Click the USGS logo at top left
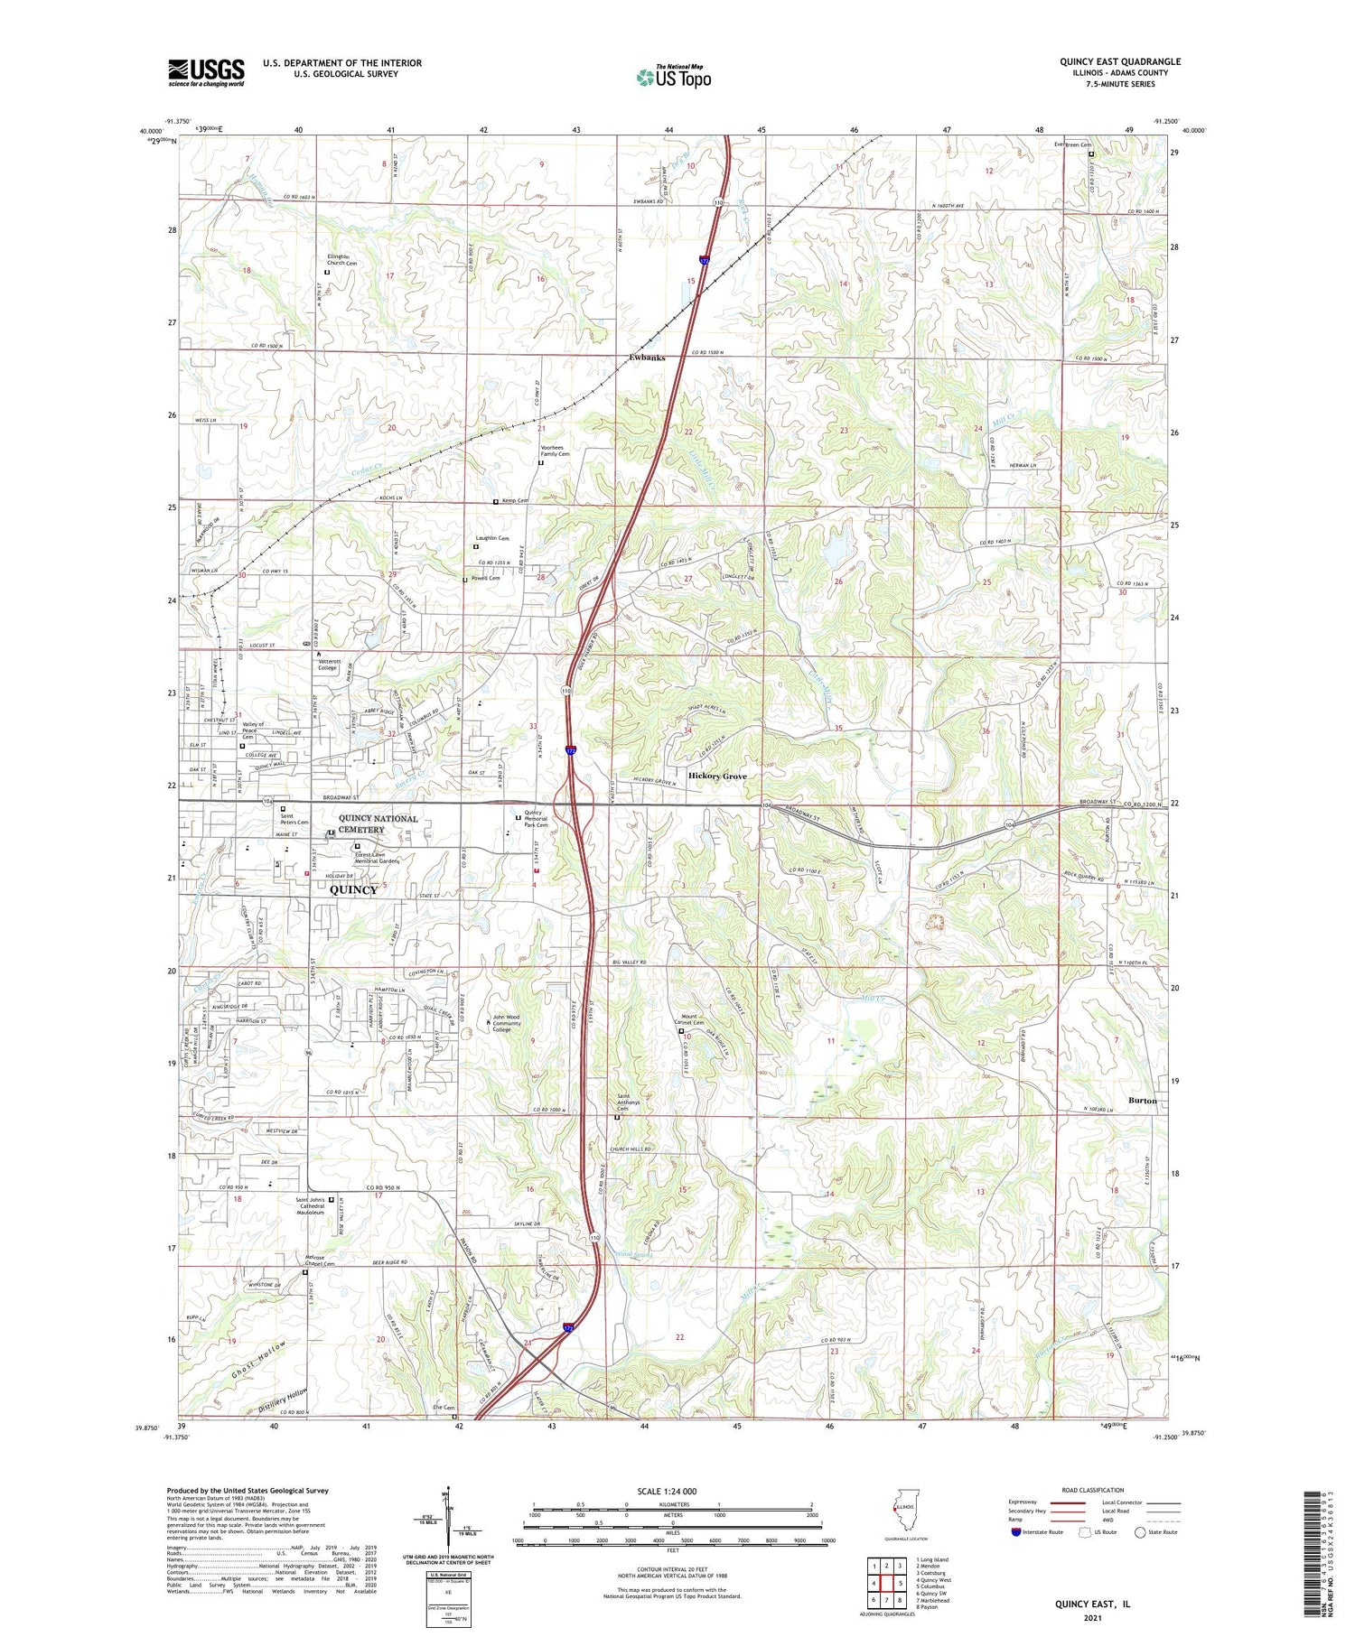(x=206, y=72)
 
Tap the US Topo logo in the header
(x=674, y=77)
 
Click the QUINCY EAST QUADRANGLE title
(x=1119, y=61)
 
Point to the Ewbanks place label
(x=647, y=358)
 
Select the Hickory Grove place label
(x=717, y=776)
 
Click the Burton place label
(x=1143, y=1101)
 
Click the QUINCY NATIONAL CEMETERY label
(x=378, y=824)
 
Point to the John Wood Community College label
(x=514, y=1023)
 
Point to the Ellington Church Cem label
(x=341, y=260)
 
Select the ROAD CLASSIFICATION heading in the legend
(x=1093, y=1490)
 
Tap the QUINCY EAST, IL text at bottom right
(x=1092, y=1604)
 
